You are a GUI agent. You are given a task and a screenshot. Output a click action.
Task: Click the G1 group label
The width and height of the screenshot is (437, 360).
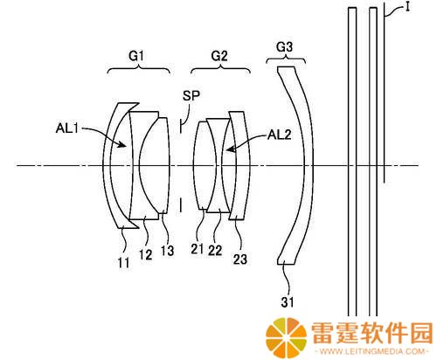point(136,56)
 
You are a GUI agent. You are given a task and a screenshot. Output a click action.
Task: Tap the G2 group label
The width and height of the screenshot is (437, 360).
point(219,56)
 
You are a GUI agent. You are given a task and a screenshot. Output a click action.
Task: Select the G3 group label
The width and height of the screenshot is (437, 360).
point(284,46)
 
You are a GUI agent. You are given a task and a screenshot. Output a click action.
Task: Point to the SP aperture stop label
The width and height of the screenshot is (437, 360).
point(191,95)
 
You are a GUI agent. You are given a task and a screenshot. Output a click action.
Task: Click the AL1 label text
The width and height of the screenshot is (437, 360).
point(67,128)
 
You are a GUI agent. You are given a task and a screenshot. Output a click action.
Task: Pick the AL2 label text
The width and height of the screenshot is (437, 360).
point(280,135)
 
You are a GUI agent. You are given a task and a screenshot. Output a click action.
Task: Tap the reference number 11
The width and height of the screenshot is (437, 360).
point(123,263)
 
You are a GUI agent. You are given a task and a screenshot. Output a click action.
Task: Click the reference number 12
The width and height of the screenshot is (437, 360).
point(145,255)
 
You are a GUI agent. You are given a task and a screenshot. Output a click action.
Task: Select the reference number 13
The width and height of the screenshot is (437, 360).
point(168,251)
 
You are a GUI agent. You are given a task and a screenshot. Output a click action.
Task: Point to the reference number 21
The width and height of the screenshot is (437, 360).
point(198,249)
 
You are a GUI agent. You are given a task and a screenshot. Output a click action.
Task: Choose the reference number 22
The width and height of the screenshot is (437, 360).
point(215,250)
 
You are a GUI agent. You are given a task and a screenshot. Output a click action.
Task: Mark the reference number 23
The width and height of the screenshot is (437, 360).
point(240,260)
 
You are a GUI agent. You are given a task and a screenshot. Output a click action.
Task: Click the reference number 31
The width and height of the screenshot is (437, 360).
point(288,302)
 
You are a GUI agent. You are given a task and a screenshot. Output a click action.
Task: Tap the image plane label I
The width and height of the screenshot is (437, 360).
point(407,7)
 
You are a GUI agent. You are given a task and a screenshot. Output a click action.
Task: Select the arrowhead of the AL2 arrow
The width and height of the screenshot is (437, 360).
point(231,149)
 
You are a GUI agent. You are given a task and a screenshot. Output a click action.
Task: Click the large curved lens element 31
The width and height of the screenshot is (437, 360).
point(307,165)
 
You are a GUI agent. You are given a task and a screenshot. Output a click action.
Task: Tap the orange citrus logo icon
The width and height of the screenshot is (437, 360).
point(286,337)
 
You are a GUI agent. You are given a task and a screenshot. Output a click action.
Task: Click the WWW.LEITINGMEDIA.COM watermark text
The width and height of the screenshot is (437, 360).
point(372,351)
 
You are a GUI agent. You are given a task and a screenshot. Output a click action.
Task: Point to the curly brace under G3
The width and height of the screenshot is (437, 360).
point(286,59)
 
